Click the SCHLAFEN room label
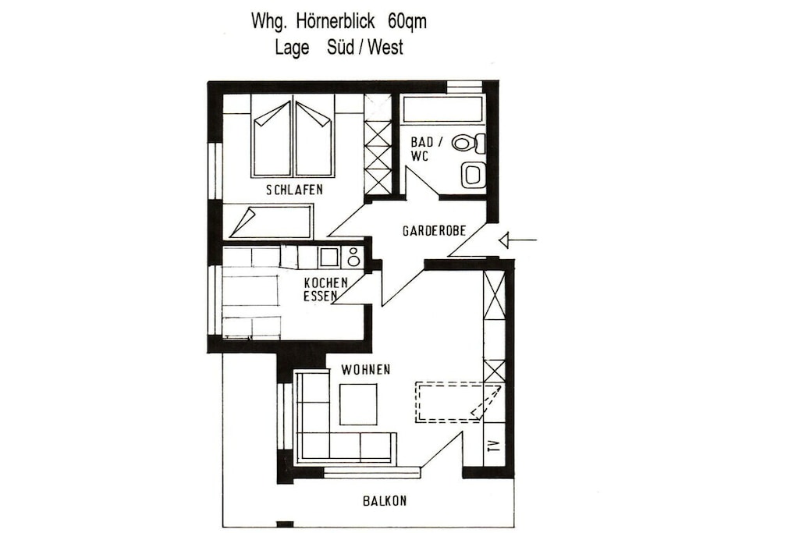point(294,190)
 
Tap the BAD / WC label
point(422,149)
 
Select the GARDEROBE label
point(434,231)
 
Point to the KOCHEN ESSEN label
point(325,289)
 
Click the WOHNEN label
point(366,369)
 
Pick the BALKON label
point(385,501)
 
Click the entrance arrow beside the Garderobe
point(517,240)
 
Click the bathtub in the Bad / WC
point(443,109)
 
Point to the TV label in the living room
point(493,447)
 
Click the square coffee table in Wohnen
point(359,404)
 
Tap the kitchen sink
point(329,257)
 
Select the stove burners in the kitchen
point(353,257)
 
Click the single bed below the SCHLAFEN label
point(271,221)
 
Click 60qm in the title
point(407,22)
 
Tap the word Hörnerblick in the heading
point(334,21)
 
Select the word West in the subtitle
point(385,48)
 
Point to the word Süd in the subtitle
point(340,48)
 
